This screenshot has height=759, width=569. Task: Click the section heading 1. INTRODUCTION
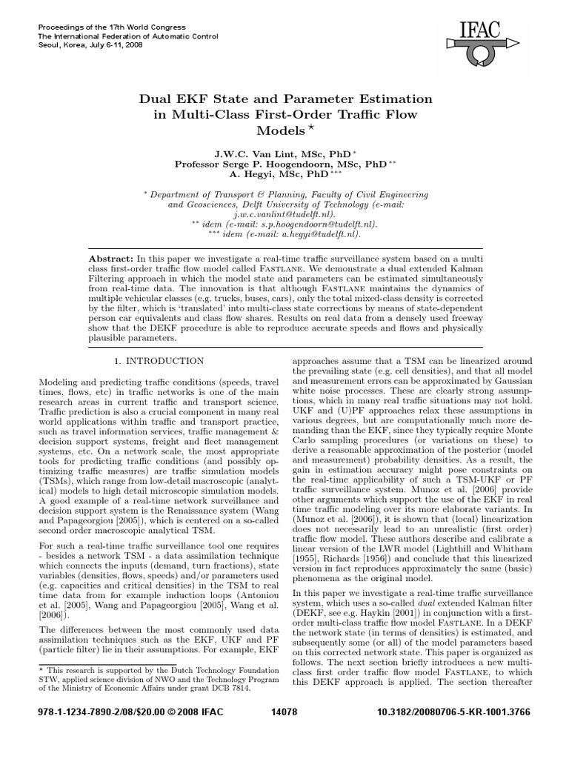(158, 361)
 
